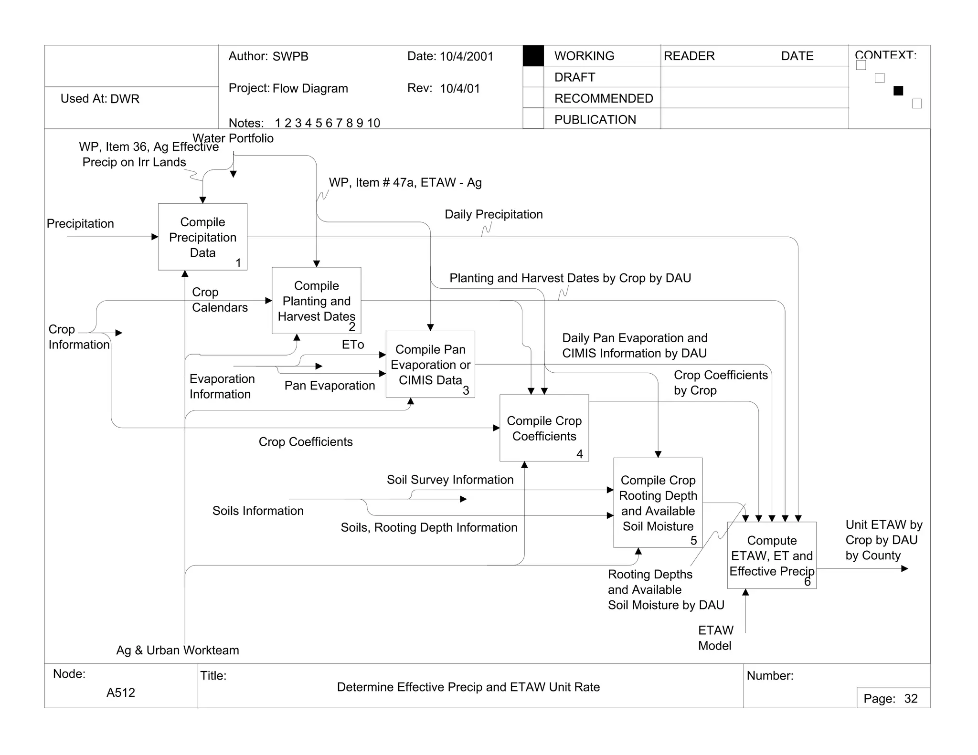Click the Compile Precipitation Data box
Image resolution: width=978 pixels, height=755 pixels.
pos(202,237)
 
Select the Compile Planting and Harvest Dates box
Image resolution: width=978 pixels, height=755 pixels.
pos(316,300)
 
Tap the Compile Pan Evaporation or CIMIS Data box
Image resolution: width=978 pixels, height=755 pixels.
pos(430,364)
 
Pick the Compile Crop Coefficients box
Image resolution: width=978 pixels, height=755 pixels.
pos(544,428)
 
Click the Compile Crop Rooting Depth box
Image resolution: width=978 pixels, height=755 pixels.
pos(658,503)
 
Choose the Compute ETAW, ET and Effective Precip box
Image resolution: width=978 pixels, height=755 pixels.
pos(771,555)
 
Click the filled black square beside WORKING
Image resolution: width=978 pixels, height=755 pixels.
pos(533,56)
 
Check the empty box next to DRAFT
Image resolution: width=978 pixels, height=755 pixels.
pos(533,77)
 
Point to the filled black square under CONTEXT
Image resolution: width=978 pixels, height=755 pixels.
pos(898,91)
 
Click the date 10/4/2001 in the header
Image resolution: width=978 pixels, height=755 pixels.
pos(466,56)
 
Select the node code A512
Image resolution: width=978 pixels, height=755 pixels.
pos(120,692)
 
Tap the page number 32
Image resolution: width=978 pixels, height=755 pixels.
pos(911,699)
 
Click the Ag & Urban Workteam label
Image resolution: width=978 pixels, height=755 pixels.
pos(178,650)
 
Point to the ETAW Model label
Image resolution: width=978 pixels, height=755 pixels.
pos(715,638)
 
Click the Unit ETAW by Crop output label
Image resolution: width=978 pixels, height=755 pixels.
pos(883,540)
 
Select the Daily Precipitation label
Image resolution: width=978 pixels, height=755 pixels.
pos(493,214)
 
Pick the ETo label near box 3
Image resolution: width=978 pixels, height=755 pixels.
pos(352,345)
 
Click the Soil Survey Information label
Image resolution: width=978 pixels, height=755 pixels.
pos(450,480)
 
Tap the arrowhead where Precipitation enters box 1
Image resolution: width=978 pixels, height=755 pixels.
pos(155,237)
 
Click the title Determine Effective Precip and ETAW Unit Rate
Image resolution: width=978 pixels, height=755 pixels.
pos(468,687)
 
